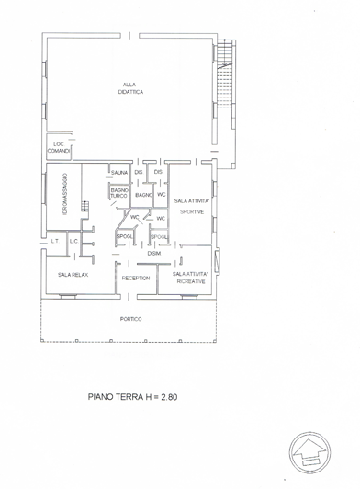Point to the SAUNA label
pyautogui.click(x=118, y=172)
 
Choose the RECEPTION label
pyautogui.click(x=136, y=276)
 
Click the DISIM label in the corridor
pyautogui.click(x=154, y=253)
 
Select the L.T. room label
pyautogui.click(x=55, y=241)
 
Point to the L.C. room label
pyautogui.click(x=73, y=241)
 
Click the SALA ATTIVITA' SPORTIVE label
pyautogui.click(x=191, y=206)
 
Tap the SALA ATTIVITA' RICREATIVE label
pyautogui.click(x=191, y=278)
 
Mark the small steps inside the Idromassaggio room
pyautogui.click(x=84, y=207)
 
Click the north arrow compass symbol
pyautogui.click(x=310, y=449)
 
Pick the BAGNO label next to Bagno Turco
pyautogui.click(x=142, y=195)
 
